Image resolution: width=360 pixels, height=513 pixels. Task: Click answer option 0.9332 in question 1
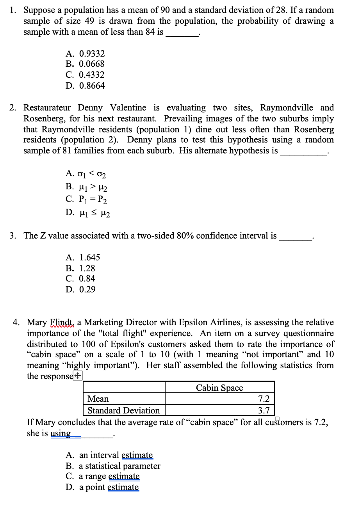click(91, 53)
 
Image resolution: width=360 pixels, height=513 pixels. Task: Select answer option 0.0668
click(91, 64)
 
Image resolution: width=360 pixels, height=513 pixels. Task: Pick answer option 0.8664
click(91, 85)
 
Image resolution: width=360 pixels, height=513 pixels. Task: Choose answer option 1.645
click(89, 258)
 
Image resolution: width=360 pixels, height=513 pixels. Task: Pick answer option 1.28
click(87, 268)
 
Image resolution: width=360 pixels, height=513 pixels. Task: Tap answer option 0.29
click(87, 290)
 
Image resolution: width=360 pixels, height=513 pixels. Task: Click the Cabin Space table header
click(219, 388)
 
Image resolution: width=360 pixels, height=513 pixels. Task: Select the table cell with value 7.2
click(264, 399)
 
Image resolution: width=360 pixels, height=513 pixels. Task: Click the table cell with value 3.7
click(264, 410)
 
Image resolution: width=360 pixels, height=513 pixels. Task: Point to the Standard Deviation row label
click(123, 410)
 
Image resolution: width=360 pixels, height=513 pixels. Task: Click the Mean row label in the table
click(98, 399)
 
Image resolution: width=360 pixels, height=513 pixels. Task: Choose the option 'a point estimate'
click(109, 487)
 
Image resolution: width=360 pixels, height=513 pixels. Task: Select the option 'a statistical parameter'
click(119, 466)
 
